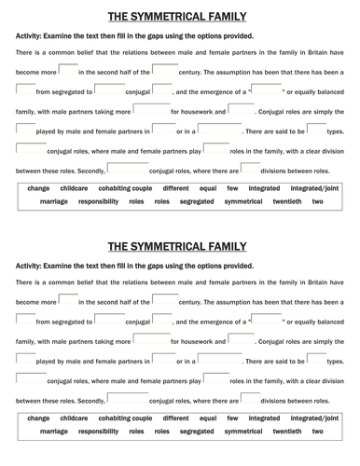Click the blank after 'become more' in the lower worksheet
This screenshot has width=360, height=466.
pyautogui.click(x=67, y=300)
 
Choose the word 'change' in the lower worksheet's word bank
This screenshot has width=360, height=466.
pyautogui.click(x=39, y=418)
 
